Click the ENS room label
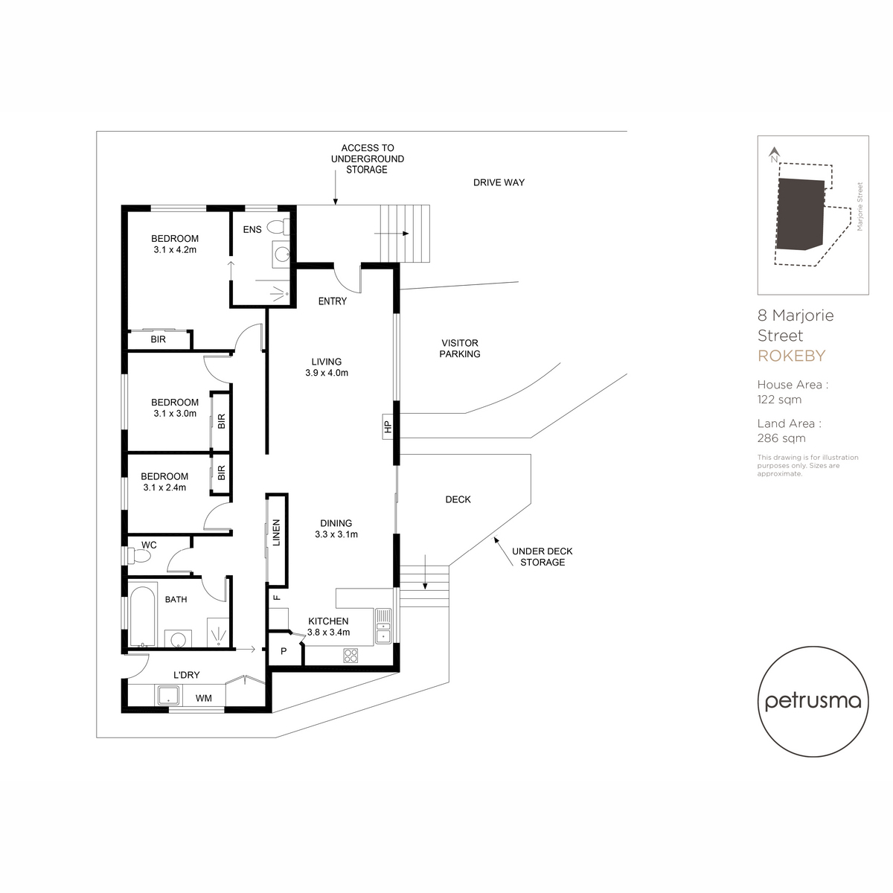coord(252,229)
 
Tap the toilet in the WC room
coord(138,556)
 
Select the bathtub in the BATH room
coord(142,617)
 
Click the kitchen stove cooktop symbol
coord(351,655)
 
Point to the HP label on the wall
coord(388,426)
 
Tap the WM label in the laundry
coord(203,698)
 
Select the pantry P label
coord(284,651)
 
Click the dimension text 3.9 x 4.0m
coord(327,373)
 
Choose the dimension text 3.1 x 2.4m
coord(164,487)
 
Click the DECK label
coord(458,499)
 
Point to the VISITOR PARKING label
coord(460,348)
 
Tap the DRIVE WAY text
coord(499,182)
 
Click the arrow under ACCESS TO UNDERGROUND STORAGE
coord(336,188)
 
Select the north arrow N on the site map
coord(774,154)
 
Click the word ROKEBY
coord(792,356)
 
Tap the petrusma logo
coord(813,702)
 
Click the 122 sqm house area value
coord(779,400)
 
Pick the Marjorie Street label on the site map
coord(860,207)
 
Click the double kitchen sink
coord(383,626)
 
